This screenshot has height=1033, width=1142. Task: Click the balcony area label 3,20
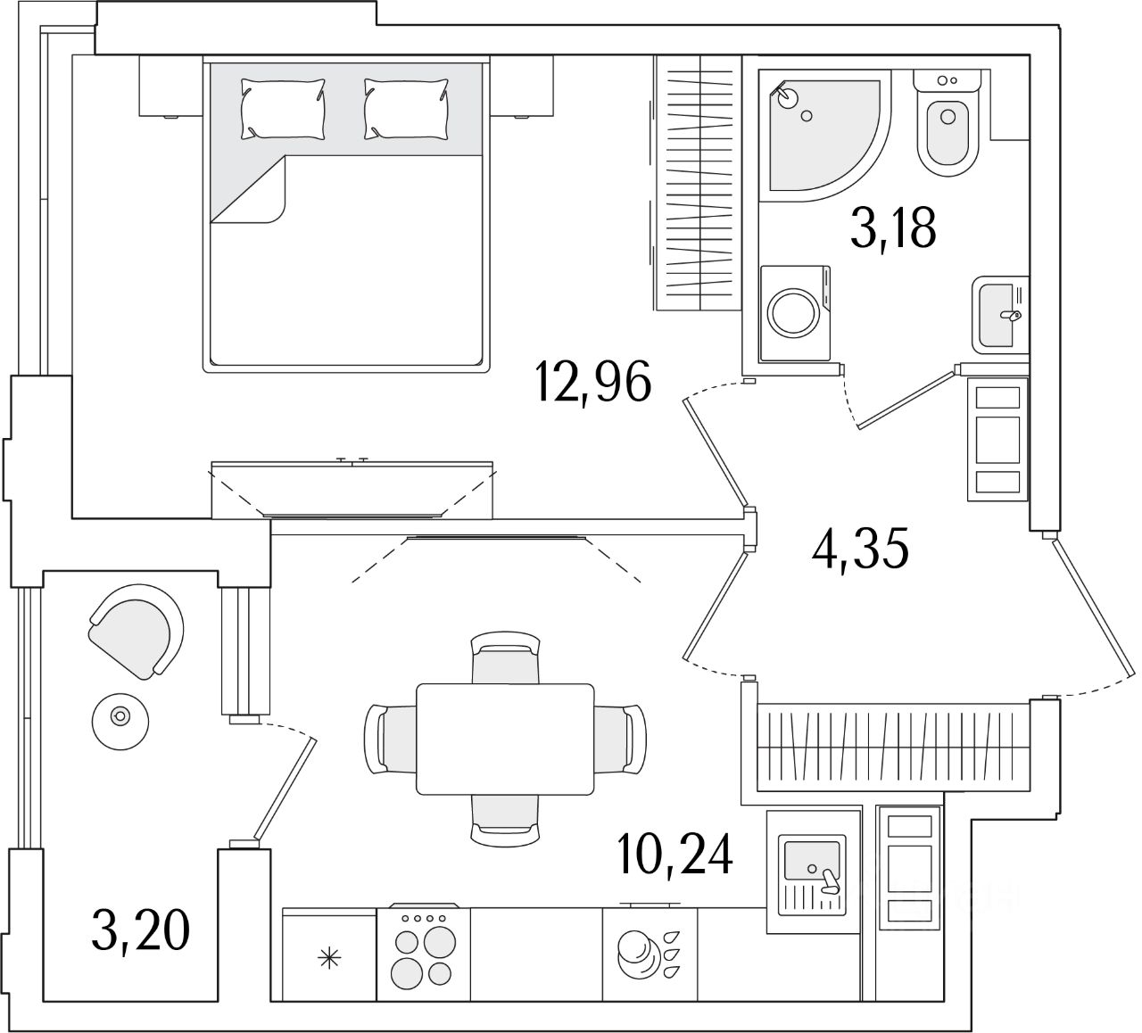point(140,930)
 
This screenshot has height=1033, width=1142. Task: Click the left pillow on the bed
point(282,107)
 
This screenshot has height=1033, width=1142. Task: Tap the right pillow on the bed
point(405,107)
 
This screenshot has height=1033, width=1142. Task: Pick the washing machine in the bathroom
point(795,314)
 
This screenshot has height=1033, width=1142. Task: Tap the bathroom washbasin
point(999,314)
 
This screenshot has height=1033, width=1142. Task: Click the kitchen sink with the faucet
point(812,871)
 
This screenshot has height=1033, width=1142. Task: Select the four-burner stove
point(423,953)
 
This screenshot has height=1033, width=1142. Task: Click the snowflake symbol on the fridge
point(329,960)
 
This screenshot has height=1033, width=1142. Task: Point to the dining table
point(505,739)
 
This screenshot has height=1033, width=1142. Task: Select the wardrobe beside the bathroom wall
point(697,183)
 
